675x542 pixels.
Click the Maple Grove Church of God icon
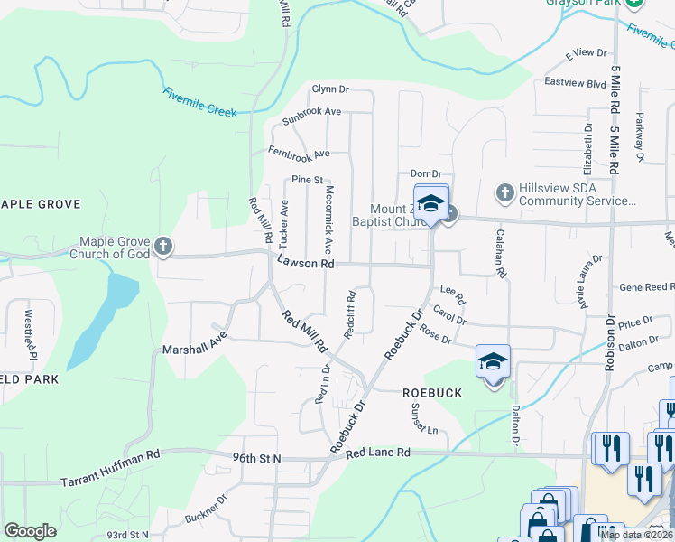coord(163,246)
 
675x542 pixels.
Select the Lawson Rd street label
coord(306,263)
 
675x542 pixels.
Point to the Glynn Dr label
coord(329,89)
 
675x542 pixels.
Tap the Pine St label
coord(307,180)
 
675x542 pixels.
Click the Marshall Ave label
coord(192,348)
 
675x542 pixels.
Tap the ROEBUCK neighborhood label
coord(431,393)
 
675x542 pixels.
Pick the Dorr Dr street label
coord(425,173)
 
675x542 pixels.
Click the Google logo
coord(30,531)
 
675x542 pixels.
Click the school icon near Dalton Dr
coord(494,362)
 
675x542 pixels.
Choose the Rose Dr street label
coord(435,336)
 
